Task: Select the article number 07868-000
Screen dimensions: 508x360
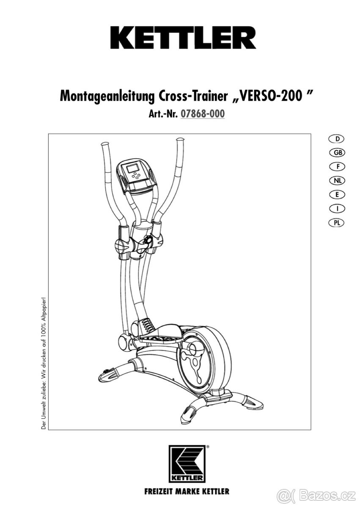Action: point(202,114)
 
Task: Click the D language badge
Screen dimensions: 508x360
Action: point(336,139)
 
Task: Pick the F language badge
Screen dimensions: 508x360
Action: point(336,166)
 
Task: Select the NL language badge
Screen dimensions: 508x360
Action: point(336,180)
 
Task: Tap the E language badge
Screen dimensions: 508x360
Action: point(336,194)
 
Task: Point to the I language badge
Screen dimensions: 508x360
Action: point(336,208)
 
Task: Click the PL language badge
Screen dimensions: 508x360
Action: point(336,222)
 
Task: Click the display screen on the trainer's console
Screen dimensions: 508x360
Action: point(135,168)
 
